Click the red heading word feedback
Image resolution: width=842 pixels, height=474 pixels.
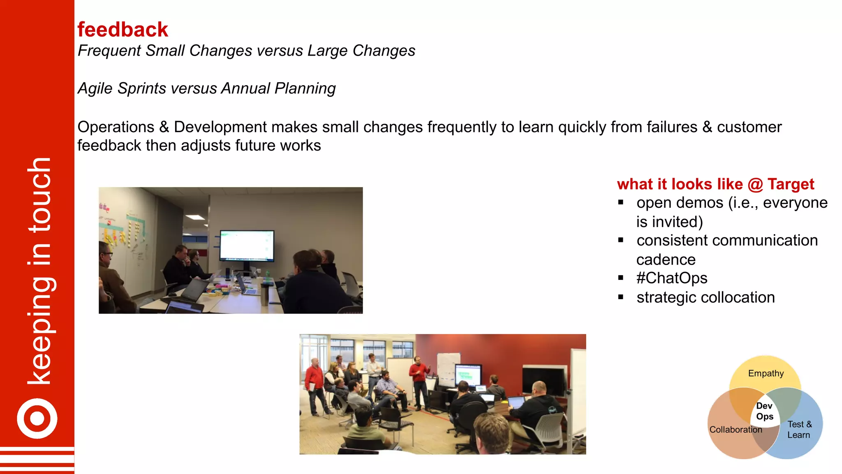(x=123, y=30)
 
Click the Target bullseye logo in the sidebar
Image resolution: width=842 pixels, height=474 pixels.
(x=37, y=418)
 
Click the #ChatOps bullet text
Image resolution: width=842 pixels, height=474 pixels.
(x=672, y=278)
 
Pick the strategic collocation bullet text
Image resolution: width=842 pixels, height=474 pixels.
(x=706, y=297)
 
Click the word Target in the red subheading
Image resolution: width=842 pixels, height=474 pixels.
(x=791, y=184)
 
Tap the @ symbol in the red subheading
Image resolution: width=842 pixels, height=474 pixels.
(x=755, y=184)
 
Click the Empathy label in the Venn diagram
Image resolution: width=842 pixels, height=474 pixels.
(x=766, y=374)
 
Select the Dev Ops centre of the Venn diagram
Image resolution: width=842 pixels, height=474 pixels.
(x=764, y=411)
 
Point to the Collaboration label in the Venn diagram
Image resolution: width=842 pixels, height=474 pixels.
(x=736, y=430)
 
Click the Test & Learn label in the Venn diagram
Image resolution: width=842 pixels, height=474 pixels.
(x=799, y=430)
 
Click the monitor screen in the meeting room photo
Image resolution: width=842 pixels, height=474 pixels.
(x=247, y=245)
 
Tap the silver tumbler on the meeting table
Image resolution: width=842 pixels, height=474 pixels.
(x=265, y=295)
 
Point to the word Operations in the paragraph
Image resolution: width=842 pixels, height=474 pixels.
(x=116, y=127)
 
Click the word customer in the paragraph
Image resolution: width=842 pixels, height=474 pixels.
(x=749, y=127)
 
